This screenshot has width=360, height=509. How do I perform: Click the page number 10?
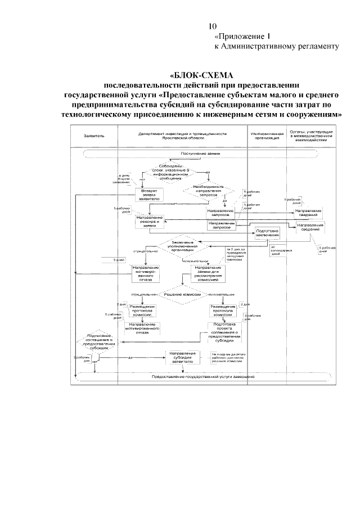point(213,26)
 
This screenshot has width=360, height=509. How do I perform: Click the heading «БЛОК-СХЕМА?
point(202,75)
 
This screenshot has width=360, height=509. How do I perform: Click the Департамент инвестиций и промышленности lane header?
point(182,135)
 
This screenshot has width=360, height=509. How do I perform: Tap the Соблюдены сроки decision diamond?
point(169,170)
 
